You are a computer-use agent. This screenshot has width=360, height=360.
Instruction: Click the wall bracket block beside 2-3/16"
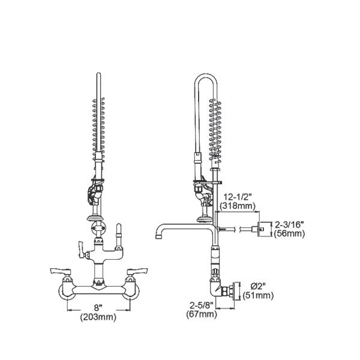pyautogui.click(x=262, y=229)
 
